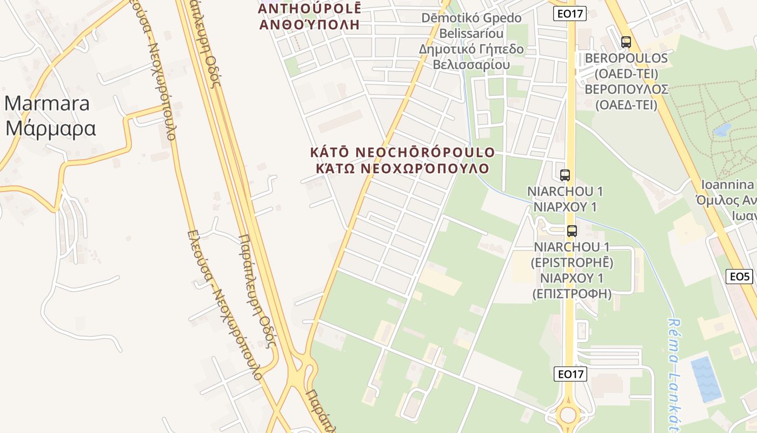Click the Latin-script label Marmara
(x=47, y=103)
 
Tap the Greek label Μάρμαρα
(x=50, y=128)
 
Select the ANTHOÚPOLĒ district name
(x=310, y=9)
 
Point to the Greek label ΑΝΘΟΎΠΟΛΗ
(x=310, y=24)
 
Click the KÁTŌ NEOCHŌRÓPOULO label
(x=402, y=152)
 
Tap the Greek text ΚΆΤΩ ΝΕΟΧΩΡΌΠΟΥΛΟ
(x=402, y=168)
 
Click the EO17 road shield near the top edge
(x=570, y=14)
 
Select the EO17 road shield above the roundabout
(x=570, y=373)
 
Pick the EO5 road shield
(x=740, y=277)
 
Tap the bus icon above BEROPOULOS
(x=626, y=42)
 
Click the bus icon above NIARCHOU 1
(x=565, y=175)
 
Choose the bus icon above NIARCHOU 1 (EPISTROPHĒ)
(x=572, y=231)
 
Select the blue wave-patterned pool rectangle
(x=706, y=378)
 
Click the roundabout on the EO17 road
(x=568, y=415)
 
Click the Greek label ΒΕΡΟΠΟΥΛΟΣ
(x=626, y=89)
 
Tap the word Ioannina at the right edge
(x=728, y=184)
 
